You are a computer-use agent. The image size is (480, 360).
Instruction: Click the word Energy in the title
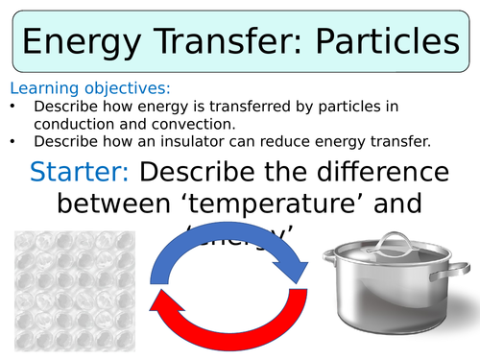point(85,43)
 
